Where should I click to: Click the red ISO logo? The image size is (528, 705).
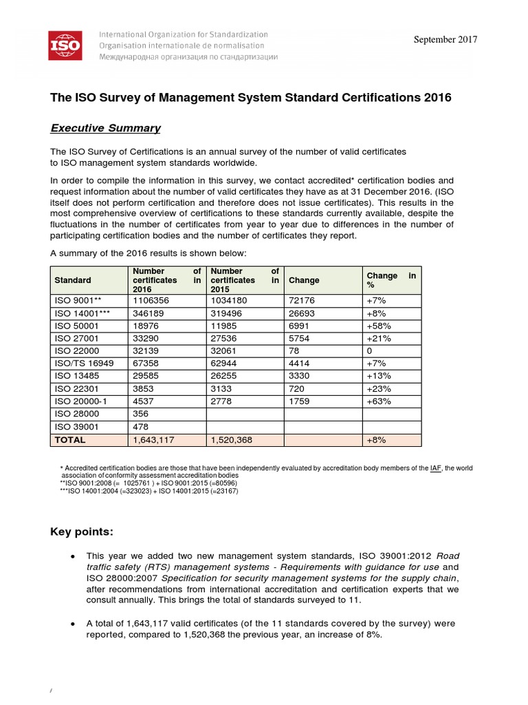pyautogui.click(x=65, y=45)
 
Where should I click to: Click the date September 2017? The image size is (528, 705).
pyautogui.click(x=445, y=40)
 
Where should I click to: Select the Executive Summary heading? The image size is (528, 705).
pyautogui.click(x=106, y=128)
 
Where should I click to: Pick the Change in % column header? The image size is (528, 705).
pyautogui.click(x=392, y=280)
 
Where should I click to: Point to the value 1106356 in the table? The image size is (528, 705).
pyautogui.click(x=150, y=301)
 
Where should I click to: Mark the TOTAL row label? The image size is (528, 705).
pyautogui.click(x=70, y=439)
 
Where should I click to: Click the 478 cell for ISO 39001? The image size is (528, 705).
pyautogui.click(x=140, y=428)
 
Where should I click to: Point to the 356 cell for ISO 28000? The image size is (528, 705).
pyautogui.click(x=140, y=414)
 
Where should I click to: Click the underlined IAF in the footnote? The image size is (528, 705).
pyautogui.click(x=436, y=468)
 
